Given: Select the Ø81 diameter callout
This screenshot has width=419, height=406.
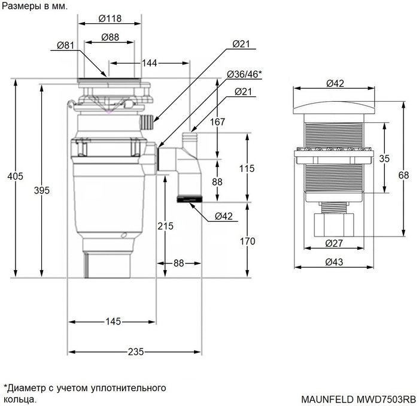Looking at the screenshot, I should click(x=65, y=46).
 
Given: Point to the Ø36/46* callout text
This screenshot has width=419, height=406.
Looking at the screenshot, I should click(x=244, y=74).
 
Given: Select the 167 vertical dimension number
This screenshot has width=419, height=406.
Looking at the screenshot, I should click(x=217, y=122).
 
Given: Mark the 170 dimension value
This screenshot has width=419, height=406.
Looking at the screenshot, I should click(x=247, y=241).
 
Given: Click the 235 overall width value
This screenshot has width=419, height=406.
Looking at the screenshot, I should click(x=135, y=352).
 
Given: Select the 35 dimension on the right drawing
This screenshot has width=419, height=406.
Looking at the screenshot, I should click(x=384, y=159).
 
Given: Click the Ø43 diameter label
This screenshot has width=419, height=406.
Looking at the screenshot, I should click(x=333, y=262).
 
